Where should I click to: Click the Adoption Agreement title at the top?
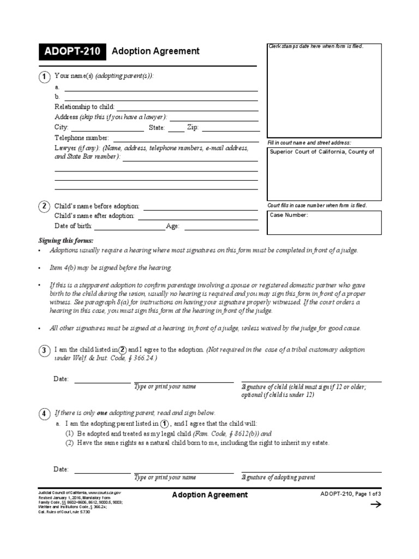[155, 51]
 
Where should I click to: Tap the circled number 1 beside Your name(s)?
[44, 77]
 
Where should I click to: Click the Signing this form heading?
[65, 240]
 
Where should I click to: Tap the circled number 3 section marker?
[44, 350]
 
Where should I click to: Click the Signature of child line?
[311, 380]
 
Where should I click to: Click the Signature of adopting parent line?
[311, 472]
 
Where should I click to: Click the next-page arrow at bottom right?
[376, 505]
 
